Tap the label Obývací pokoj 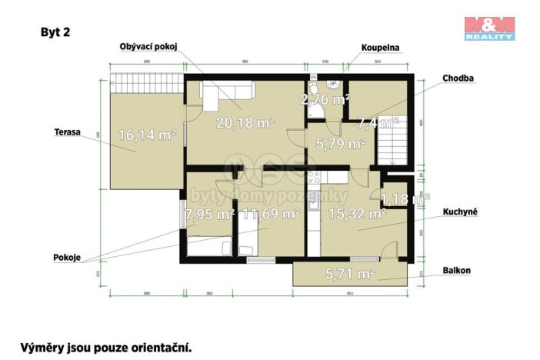(148, 47)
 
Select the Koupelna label (381, 47)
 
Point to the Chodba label (458, 78)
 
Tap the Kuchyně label (462, 211)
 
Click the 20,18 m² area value (245, 122)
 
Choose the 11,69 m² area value (269, 214)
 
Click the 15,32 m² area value (355, 214)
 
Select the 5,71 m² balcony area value (350, 272)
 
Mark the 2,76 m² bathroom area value (325, 98)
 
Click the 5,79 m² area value (335, 143)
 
